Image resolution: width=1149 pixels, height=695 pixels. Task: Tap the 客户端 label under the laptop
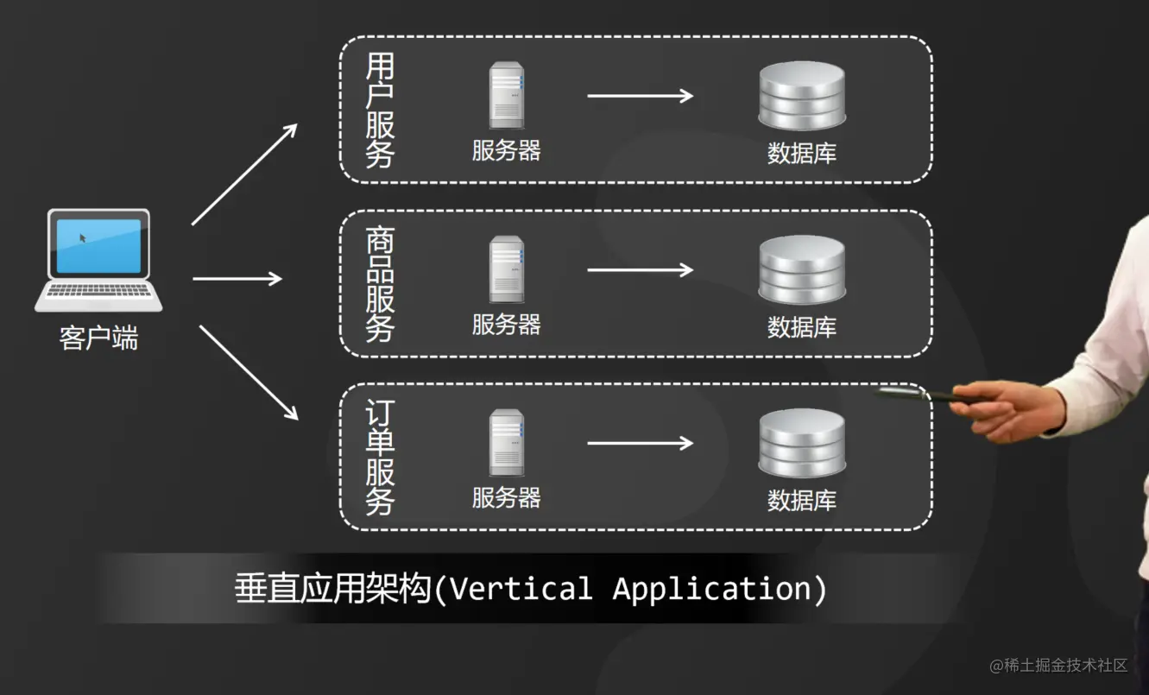(98, 338)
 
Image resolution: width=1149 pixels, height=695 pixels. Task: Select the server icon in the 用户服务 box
(507, 95)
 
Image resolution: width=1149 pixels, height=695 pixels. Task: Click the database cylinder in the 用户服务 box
(801, 95)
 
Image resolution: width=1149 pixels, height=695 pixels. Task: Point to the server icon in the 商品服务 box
(507, 269)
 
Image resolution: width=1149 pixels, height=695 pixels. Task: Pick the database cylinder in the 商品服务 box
(801, 269)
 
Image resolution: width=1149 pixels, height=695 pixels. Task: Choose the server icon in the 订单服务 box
(507, 443)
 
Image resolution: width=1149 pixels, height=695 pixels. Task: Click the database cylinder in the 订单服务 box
(801, 443)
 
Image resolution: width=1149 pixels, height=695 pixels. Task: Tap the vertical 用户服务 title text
(380, 110)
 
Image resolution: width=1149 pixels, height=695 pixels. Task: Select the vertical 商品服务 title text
(380, 284)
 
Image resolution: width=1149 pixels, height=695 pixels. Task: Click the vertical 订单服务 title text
(380, 458)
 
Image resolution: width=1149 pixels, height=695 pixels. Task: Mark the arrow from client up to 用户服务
(243, 174)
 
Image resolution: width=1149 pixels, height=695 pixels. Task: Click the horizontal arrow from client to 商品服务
(237, 279)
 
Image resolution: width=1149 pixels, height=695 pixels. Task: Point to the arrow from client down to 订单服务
(248, 372)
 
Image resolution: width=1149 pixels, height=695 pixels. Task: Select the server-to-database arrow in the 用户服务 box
(640, 95)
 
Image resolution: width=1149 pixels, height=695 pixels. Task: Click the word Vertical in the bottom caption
(521, 589)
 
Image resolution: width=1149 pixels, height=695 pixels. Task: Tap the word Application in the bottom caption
(713, 589)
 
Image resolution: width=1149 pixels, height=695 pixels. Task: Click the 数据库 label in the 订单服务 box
(802, 501)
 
